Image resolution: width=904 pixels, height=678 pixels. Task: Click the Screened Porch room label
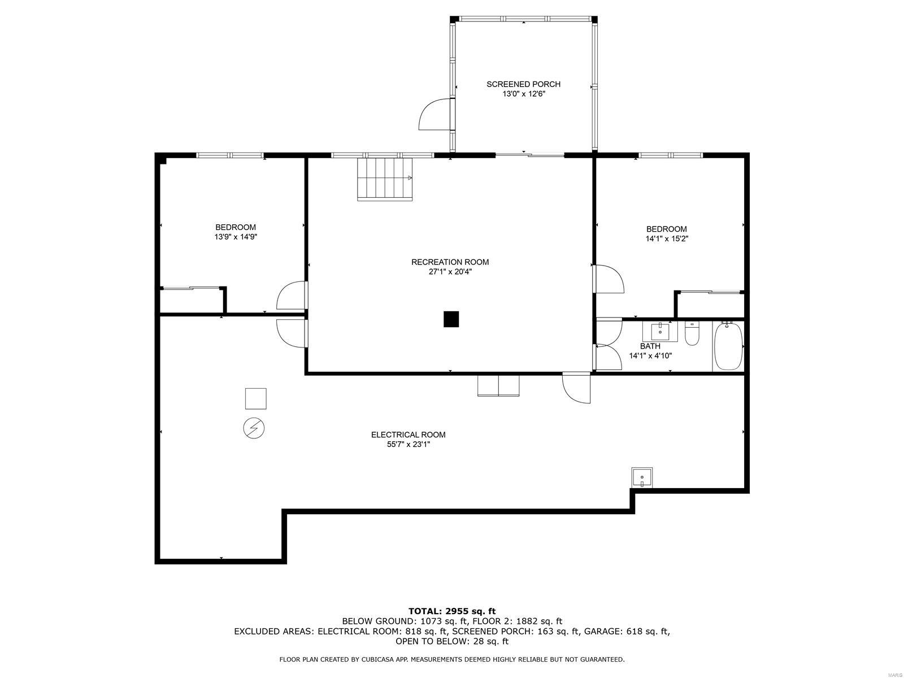tap(523, 84)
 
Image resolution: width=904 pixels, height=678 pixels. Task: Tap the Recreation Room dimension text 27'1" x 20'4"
tap(450, 272)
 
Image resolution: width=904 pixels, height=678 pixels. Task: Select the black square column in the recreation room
tap(451, 319)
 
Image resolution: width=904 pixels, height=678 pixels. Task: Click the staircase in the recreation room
tap(385, 179)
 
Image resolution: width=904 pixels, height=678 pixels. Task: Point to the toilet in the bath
tap(692, 334)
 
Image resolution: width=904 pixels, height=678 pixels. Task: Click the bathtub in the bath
tap(728, 346)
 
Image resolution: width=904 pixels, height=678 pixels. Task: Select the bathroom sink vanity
tap(660, 332)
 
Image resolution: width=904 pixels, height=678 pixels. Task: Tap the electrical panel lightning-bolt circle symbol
tap(254, 428)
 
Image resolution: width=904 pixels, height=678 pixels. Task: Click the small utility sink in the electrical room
tap(642, 477)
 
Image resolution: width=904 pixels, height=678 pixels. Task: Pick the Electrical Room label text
tap(408, 434)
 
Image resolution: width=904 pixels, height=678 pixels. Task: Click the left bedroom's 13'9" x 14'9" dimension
tap(236, 237)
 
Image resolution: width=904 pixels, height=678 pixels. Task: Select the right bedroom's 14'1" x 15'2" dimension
tap(667, 238)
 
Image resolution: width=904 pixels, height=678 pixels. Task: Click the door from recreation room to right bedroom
tap(609, 279)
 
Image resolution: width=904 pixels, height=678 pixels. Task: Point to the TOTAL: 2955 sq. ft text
tap(451, 611)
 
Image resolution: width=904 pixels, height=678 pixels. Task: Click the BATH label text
tap(650, 346)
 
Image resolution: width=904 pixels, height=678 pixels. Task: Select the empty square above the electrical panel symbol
tap(255, 398)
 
